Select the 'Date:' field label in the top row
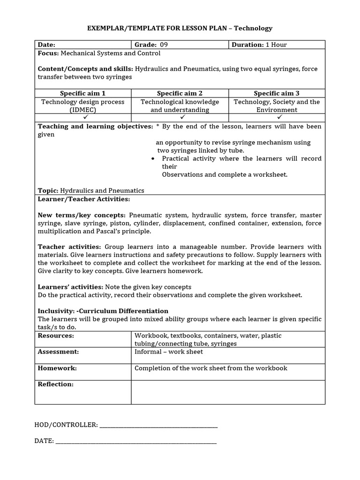46,45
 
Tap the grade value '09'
164,45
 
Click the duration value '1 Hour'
276,45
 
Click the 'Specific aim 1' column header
83,93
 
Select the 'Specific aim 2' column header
180,93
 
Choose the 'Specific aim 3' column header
277,93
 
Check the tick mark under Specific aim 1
83,117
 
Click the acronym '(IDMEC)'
83,110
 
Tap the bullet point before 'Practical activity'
153,159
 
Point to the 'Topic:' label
47,190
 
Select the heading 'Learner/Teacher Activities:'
83,199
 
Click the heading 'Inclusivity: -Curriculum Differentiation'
103,311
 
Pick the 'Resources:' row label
56,336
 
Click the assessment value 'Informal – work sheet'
169,352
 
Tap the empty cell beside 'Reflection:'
228,391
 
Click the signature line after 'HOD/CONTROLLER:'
159,425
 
